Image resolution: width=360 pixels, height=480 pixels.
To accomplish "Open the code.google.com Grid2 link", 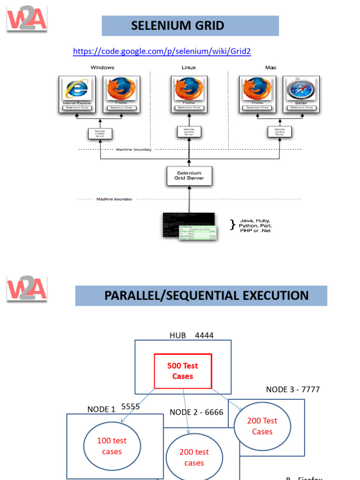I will point(162,52).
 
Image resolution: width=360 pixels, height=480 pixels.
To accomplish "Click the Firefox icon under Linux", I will point(188,90).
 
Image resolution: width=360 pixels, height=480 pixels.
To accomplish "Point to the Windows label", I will point(102,67).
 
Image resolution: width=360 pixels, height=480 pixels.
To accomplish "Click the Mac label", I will point(270,67).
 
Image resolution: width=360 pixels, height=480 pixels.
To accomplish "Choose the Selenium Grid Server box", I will point(189,176).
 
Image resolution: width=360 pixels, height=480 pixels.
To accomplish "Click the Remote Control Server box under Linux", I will point(189,132).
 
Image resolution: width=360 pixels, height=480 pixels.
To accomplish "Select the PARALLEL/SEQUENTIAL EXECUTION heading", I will point(206,296).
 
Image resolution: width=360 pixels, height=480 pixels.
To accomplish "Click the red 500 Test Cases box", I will point(183,371).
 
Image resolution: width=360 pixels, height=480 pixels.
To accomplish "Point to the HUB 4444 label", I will point(186,335).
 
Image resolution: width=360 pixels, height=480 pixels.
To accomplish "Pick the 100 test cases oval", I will point(112,446).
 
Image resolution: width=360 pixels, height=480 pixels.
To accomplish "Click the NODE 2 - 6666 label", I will point(196,412).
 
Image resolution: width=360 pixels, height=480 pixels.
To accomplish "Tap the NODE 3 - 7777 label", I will point(293,390).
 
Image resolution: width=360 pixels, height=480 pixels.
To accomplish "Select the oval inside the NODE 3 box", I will point(262,426).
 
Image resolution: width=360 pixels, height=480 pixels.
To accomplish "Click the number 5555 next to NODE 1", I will point(130,406).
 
